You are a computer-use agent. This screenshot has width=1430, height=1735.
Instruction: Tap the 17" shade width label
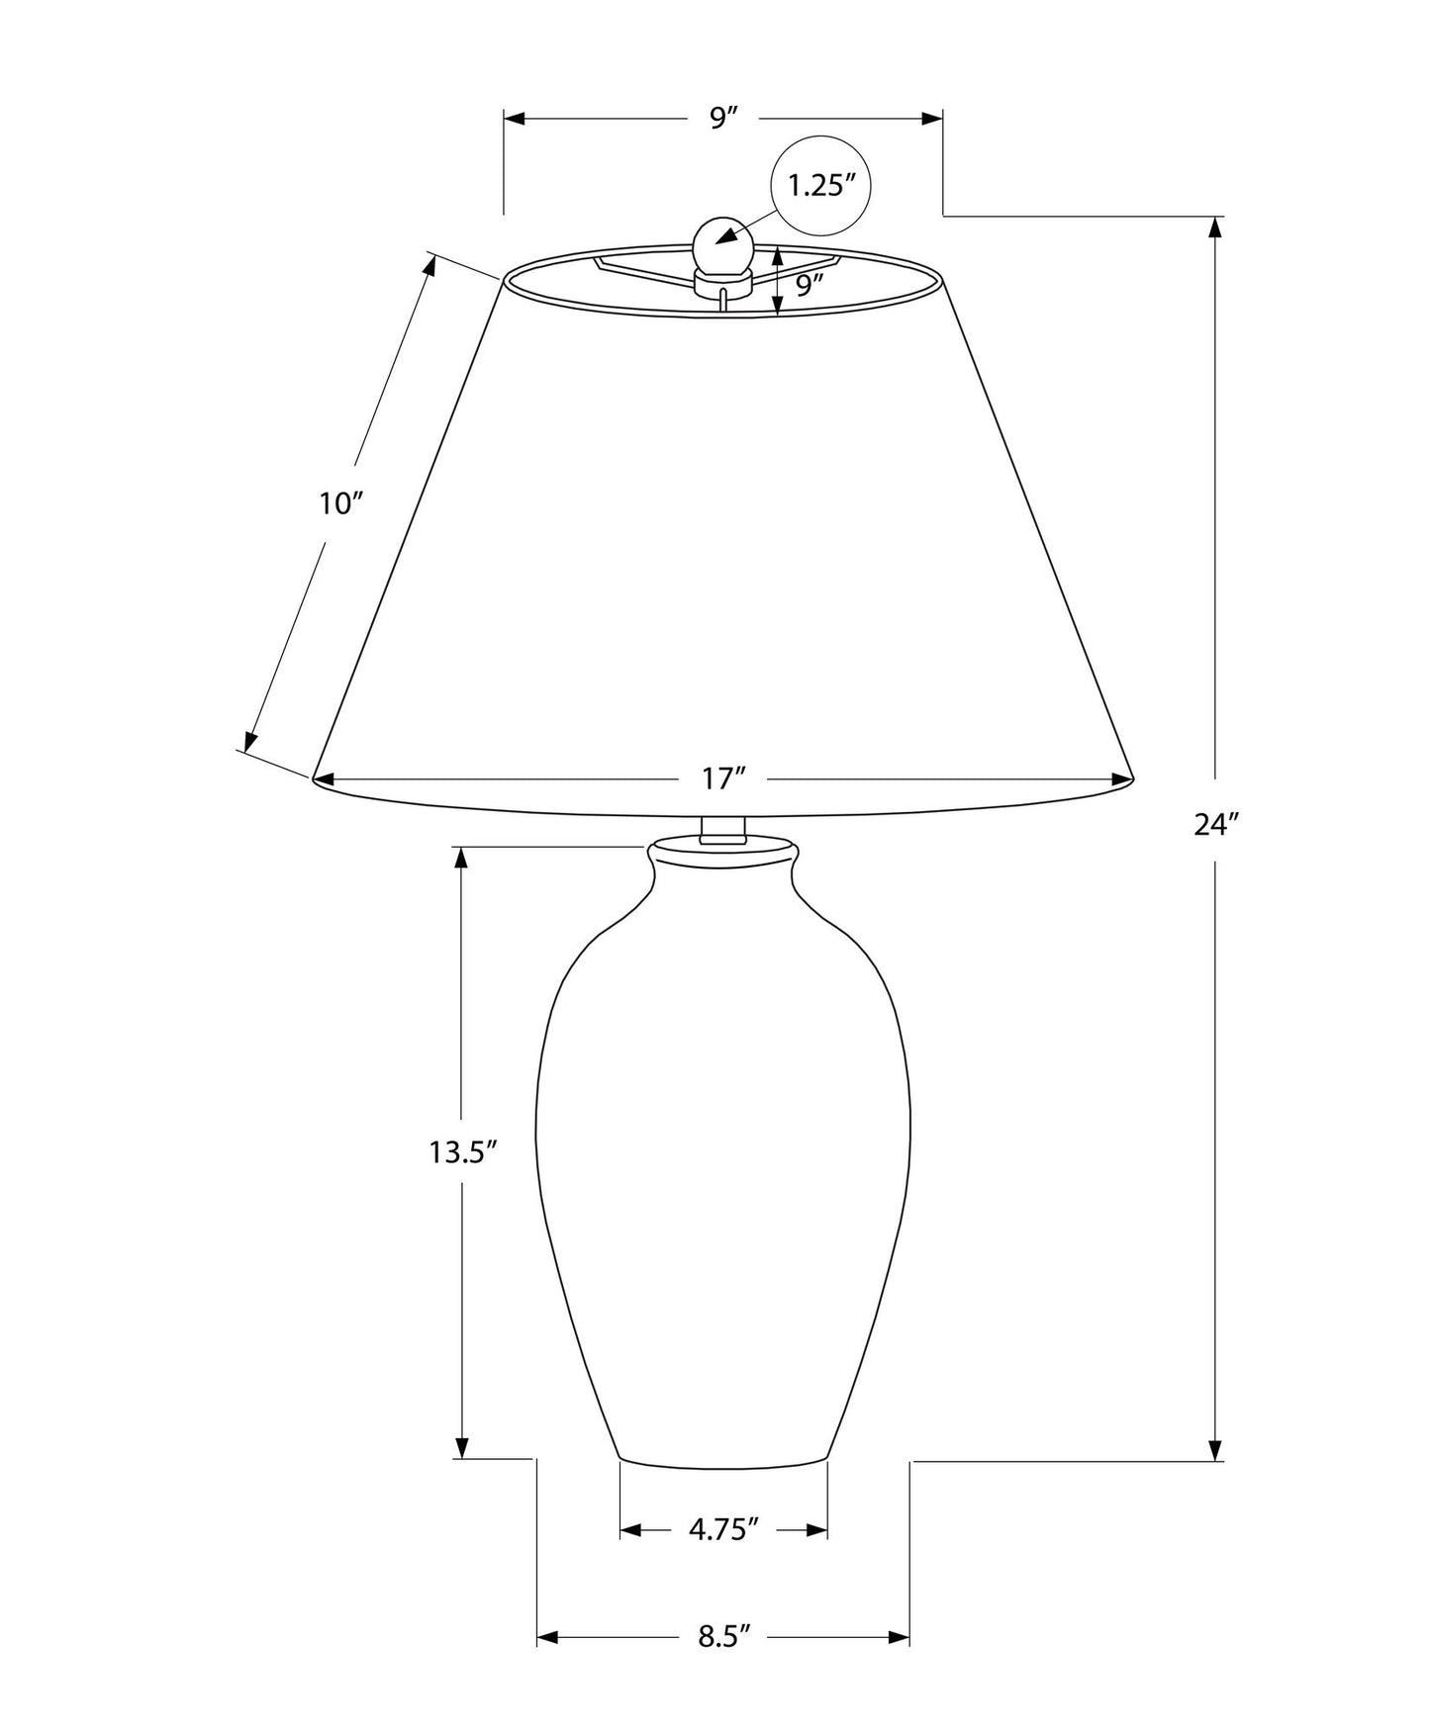723,779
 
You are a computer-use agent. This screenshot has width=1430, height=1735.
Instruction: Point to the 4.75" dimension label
723,1530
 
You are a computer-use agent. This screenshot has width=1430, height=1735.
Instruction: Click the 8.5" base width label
723,1637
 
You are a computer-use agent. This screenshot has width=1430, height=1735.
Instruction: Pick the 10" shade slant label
342,503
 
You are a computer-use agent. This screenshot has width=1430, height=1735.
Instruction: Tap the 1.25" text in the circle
821,185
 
